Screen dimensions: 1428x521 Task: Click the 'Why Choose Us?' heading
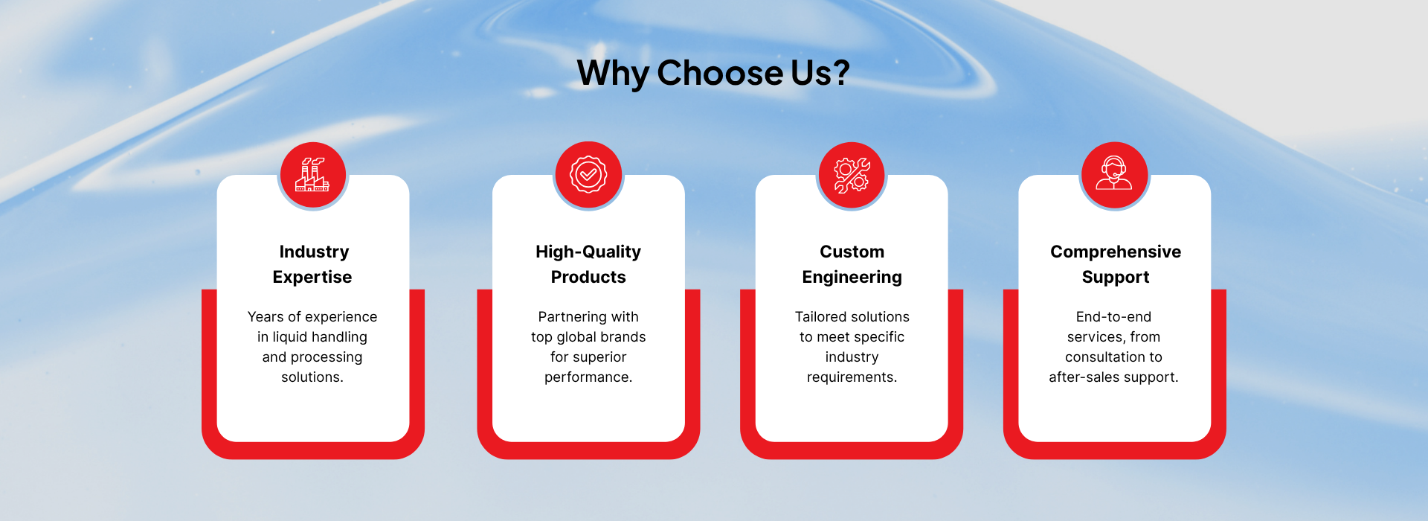click(713, 74)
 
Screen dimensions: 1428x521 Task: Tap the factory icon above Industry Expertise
click(313, 175)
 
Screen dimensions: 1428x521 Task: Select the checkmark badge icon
click(588, 175)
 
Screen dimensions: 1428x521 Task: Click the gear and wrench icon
click(852, 175)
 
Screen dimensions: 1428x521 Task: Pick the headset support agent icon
click(1114, 173)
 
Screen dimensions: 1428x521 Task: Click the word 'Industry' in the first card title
click(314, 252)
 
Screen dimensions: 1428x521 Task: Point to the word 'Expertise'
click(312, 278)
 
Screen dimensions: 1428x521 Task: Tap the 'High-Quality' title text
click(588, 252)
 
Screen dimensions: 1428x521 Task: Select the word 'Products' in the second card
click(588, 277)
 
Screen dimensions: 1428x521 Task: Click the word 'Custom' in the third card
click(852, 252)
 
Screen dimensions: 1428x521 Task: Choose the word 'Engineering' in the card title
click(852, 278)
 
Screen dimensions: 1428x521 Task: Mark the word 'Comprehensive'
click(1116, 252)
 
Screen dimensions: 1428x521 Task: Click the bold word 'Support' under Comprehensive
click(1116, 278)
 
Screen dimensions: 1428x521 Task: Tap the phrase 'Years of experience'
click(312, 317)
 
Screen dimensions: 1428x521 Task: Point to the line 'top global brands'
click(588, 337)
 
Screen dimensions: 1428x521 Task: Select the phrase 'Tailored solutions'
click(852, 317)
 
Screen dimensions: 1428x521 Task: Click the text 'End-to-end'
click(1113, 317)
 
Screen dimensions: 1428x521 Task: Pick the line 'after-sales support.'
click(1113, 377)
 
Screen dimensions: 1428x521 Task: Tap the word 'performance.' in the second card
click(588, 377)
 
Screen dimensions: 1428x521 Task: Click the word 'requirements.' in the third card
click(852, 377)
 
